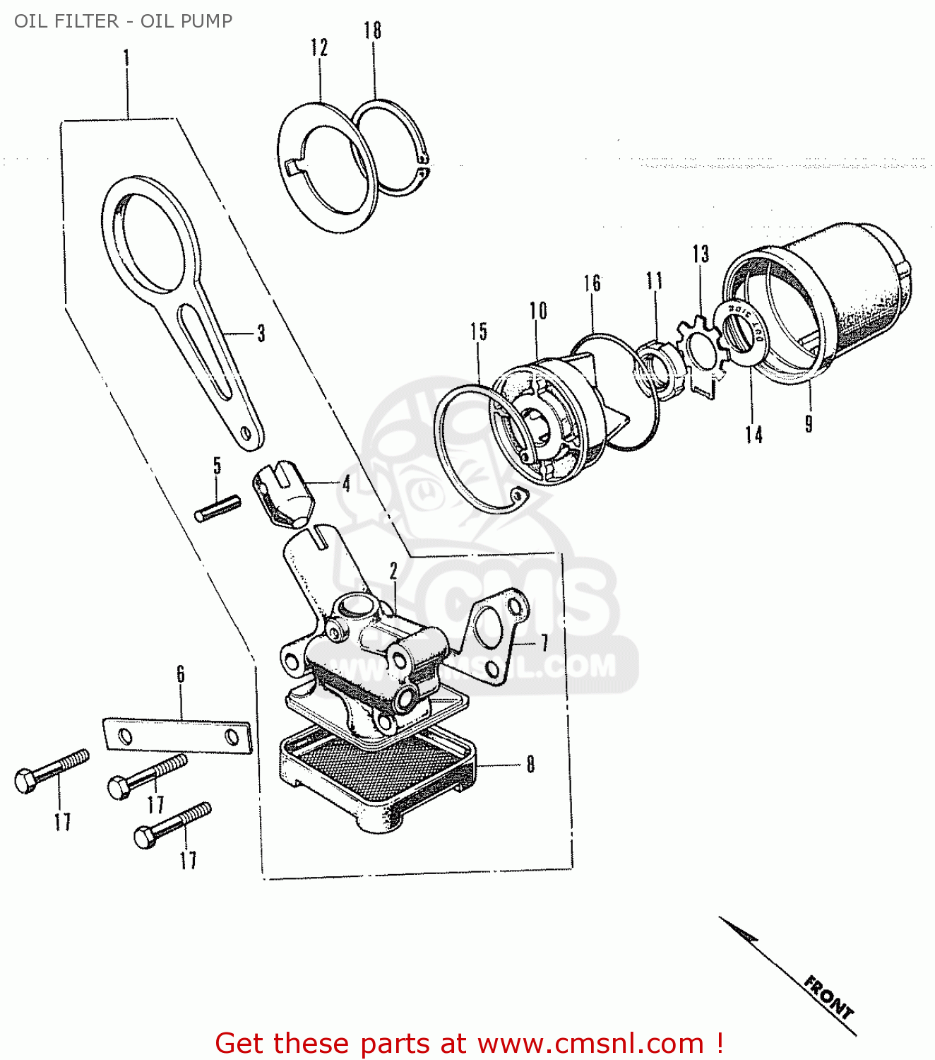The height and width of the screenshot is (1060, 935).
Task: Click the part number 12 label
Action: pyautogui.click(x=319, y=47)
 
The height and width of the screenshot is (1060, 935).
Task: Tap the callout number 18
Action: pyautogui.click(x=373, y=30)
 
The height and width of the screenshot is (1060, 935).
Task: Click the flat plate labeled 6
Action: pyautogui.click(x=177, y=736)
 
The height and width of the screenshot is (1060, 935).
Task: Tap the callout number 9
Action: pyautogui.click(x=809, y=423)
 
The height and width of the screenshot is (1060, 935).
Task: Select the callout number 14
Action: pyautogui.click(x=754, y=434)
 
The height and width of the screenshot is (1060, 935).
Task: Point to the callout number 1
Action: pyautogui.click(x=127, y=57)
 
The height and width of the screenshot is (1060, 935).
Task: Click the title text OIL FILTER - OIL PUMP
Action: pyautogui.click(x=123, y=21)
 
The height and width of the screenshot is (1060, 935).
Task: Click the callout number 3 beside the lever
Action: pyautogui.click(x=261, y=333)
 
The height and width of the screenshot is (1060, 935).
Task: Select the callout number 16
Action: pyautogui.click(x=592, y=283)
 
